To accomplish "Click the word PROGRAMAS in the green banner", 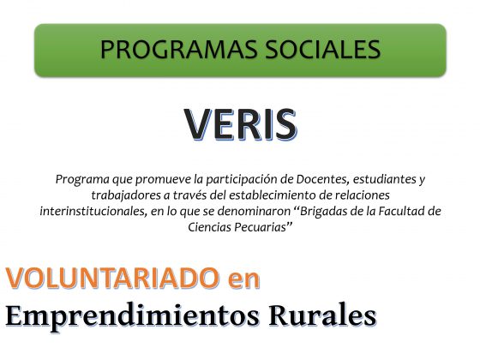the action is (178, 49).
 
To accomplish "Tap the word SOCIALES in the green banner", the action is (322, 49).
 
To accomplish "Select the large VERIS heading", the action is (240, 124).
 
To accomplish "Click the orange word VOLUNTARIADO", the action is (112, 279).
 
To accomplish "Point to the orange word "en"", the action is (244, 280).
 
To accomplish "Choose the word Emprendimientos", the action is (132, 316).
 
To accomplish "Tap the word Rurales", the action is (322, 315).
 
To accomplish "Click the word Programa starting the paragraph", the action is (82, 179).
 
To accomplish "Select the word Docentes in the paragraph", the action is (323, 179).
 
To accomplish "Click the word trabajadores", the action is (126, 195).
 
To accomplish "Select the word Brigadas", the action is (323, 211).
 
